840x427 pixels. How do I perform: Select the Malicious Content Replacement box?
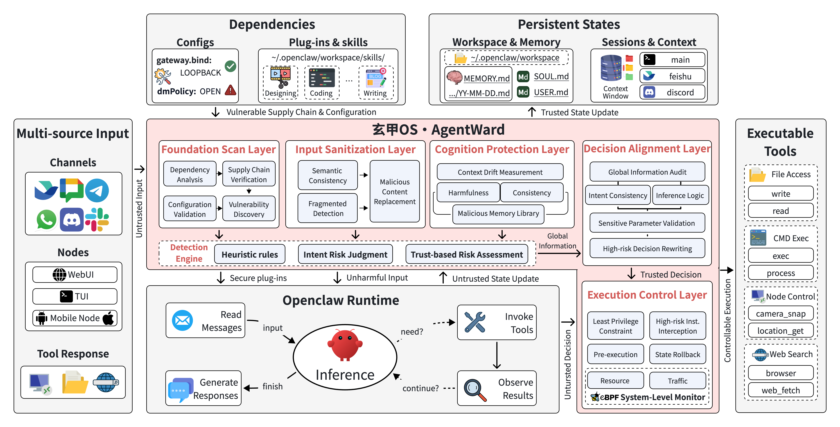(x=395, y=191)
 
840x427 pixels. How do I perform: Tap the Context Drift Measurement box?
(x=500, y=172)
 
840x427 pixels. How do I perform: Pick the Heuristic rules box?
(x=250, y=254)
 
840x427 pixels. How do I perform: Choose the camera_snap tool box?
(x=781, y=313)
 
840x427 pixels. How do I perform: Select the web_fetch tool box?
(x=781, y=390)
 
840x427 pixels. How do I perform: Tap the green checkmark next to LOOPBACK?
(x=230, y=66)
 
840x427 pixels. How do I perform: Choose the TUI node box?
(x=75, y=296)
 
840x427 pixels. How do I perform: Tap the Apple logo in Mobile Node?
(x=109, y=318)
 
